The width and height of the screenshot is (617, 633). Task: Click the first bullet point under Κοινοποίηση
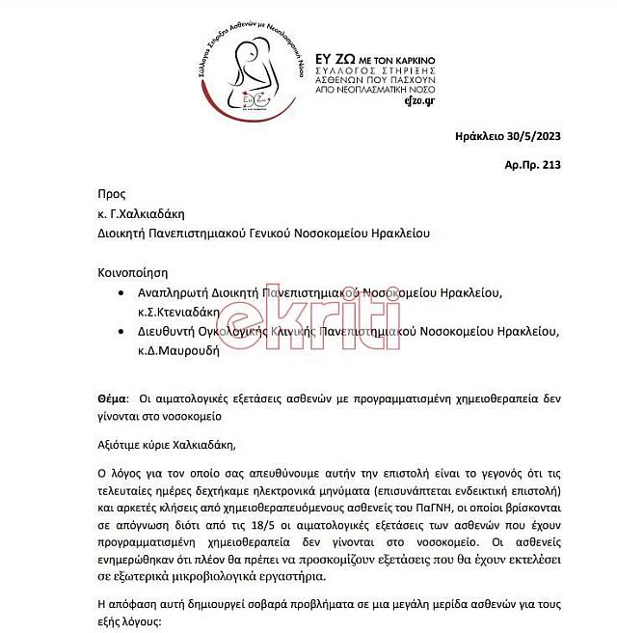119,292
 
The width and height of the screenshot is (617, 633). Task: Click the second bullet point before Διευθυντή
119,332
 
